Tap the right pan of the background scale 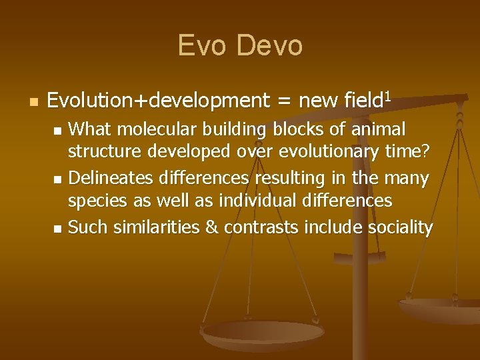443,310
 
